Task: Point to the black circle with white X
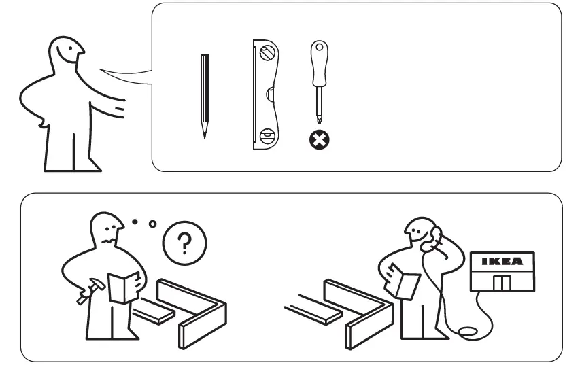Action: tap(318, 140)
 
